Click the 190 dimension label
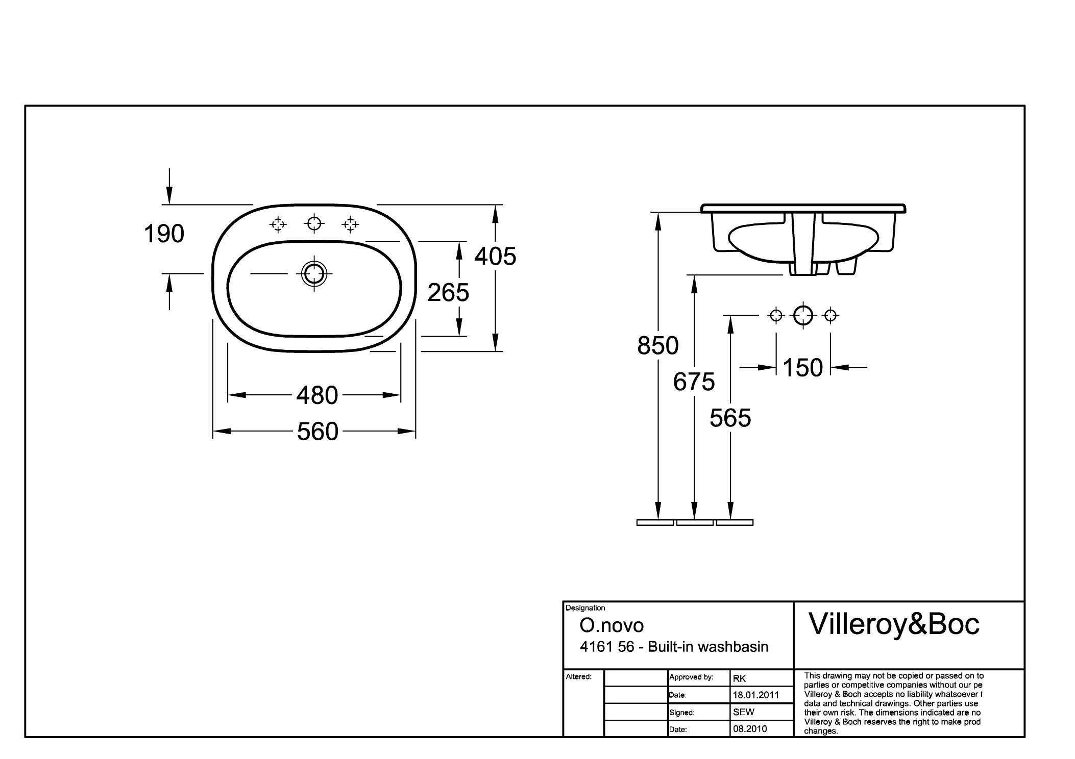pyautogui.click(x=164, y=234)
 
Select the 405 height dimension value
pyautogui.click(x=495, y=256)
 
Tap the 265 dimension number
pyautogui.click(x=448, y=293)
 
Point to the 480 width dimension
pyautogui.click(x=317, y=395)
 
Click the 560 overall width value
pyautogui.click(x=317, y=432)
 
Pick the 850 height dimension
pyautogui.click(x=657, y=346)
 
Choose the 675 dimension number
pyautogui.click(x=694, y=382)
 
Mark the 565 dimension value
pyautogui.click(x=730, y=418)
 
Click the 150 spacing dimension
pyautogui.click(x=802, y=368)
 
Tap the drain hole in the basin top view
pyautogui.click(x=314, y=274)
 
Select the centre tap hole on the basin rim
pyautogui.click(x=314, y=223)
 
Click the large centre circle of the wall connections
pyautogui.click(x=803, y=316)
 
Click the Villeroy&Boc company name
pyautogui.click(x=894, y=624)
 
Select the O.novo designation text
pyautogui.click(x=612, y=625)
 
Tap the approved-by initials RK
pyautogui.click(x=739, y=678)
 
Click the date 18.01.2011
pyautogui.click(x=756, y=695)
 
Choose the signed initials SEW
pyautogui.click(x=743, y=712)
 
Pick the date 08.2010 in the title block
pyautogui.click(x=750, y=729)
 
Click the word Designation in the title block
pyautogui.click(x=585, y=608)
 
